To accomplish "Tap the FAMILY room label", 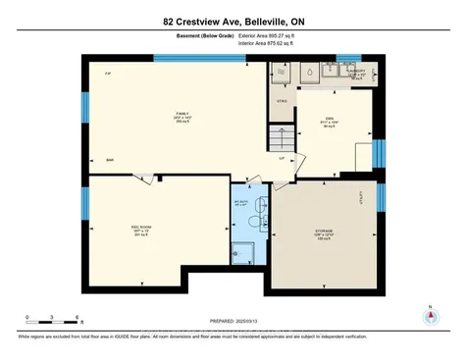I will [182, 115].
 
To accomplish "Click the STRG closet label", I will [281, 99].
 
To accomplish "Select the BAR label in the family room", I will [111, 161].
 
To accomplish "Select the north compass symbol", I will [429, 317].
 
